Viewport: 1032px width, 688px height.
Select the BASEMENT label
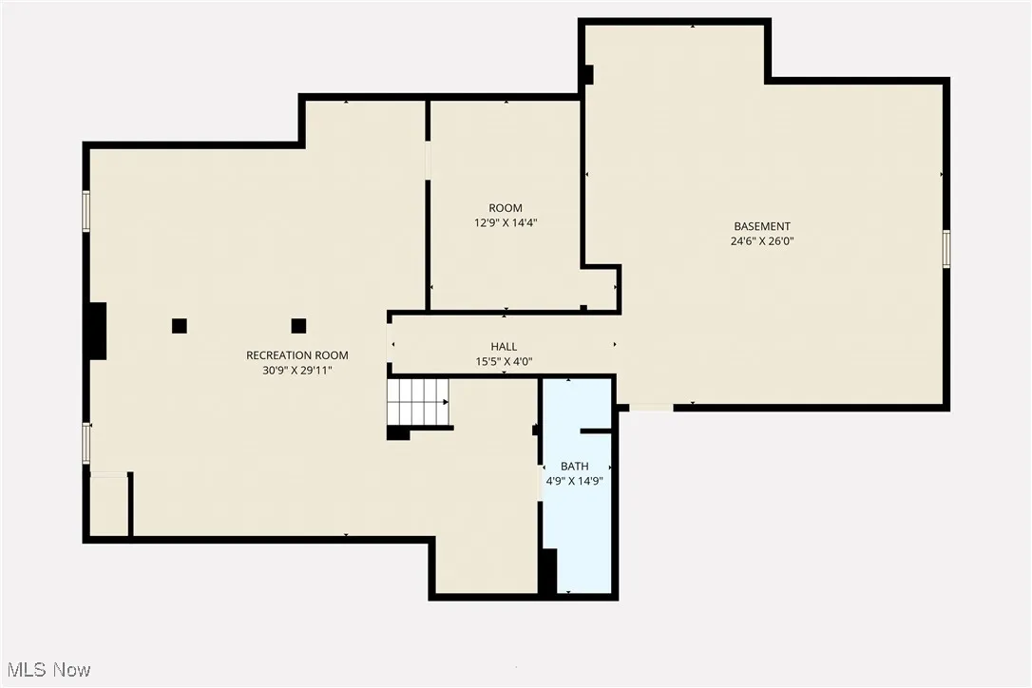click(x=761, y=226)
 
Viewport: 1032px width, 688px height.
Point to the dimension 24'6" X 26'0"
click(x=761, y=240)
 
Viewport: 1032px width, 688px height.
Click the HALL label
click(x=504, y=347)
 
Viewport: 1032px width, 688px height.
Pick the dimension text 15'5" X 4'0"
click(x=504, y=361)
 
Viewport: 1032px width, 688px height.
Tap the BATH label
click(x=574, y=467)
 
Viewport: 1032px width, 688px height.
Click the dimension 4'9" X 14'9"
click(x=574, y=481)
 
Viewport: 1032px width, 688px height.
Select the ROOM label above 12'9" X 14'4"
click(x=505, y=208)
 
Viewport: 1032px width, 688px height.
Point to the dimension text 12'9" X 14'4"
click(x=505, y=222)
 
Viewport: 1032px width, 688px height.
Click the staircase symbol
click(x=418, y=402)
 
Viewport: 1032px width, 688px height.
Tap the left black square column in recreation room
click(x=179, y=326)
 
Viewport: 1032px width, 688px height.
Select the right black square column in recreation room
click(x=298, y=326)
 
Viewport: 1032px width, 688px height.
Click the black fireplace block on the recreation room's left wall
click(x=96, y=331)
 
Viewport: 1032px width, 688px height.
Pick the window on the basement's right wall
click(x=946, y=248)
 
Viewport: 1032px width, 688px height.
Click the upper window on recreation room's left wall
click(x=86, y=211)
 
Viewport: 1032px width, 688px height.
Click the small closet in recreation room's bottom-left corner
click(x=108, y=505)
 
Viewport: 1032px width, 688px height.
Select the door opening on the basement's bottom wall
click(x=651, y=408)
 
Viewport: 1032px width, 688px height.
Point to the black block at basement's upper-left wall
click(x=587, y=74)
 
